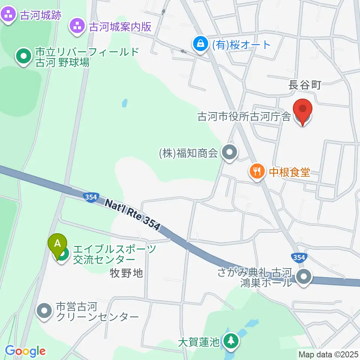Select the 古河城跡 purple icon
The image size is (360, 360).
tap(8, 15)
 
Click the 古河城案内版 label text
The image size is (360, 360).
tap(120, 27)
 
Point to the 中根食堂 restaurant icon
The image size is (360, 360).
tap(256, 172)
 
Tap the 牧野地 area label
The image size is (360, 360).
tap(127, 273)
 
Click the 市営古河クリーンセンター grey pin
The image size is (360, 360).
tap(45, 311)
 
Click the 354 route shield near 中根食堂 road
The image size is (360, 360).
tap(299, 257)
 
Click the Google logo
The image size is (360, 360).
tap(25, 351)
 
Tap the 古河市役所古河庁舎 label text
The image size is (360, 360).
tap(244, 117)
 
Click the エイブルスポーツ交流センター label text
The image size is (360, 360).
tap(114, 254)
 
